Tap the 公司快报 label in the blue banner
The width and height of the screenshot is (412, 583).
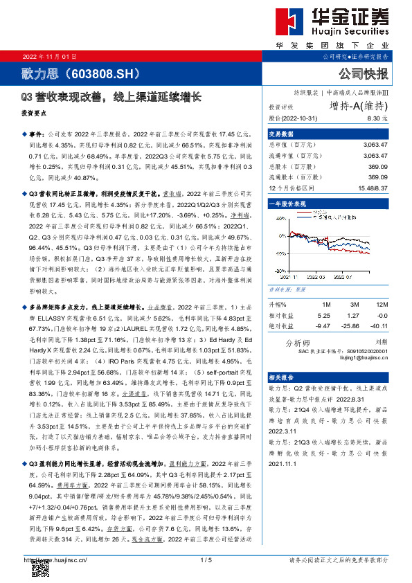coord(363,73)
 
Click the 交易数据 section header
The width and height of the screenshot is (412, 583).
coord(282,134)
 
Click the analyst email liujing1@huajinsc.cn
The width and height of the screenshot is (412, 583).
coord(365,357)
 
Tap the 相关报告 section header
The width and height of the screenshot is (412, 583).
coord(282,377)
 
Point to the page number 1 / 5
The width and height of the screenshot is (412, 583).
coord(205,559)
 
